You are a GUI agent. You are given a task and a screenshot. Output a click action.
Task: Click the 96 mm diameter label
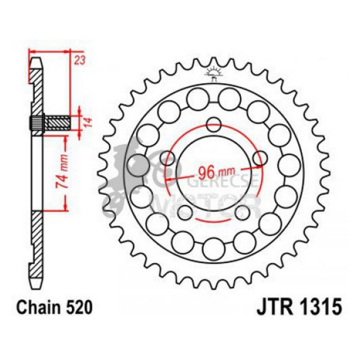pyautogui.click(x=213, y=172)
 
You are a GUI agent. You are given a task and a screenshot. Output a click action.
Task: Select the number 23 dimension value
pyautogui.click(x=79, y=59)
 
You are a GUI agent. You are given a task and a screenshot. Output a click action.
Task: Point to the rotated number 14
pyautogui.click(x=87, y=122)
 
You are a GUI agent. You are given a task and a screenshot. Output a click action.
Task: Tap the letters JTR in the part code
pyautogui.click(x=272, y=309)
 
